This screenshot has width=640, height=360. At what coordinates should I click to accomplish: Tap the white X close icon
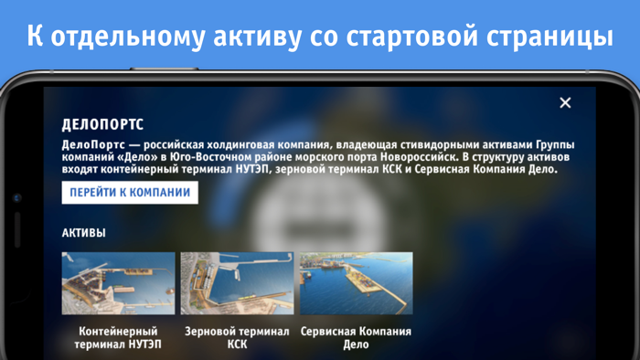[x=565, y=102]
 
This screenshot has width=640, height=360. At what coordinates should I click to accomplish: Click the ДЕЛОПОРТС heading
[x=102, y=124]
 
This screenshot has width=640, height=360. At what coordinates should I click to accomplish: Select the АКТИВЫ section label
[x=83, y=233]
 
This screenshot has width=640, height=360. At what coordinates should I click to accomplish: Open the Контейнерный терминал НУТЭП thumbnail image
[x=118, y=283]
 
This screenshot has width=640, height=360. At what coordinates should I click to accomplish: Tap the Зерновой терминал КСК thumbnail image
[x=237, y=283]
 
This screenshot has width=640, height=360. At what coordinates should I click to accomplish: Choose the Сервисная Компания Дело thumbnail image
[x=356, y=283]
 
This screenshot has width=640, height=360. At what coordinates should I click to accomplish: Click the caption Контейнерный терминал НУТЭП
[x=118, y=338]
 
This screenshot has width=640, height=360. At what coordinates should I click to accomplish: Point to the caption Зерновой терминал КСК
[x=237, y=338]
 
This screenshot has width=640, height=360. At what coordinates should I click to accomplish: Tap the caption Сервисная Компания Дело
[x=356, y=338]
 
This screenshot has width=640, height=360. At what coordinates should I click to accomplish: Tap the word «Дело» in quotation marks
[x=137, y=157]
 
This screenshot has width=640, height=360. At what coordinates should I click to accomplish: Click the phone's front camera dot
[x=16, y=198]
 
